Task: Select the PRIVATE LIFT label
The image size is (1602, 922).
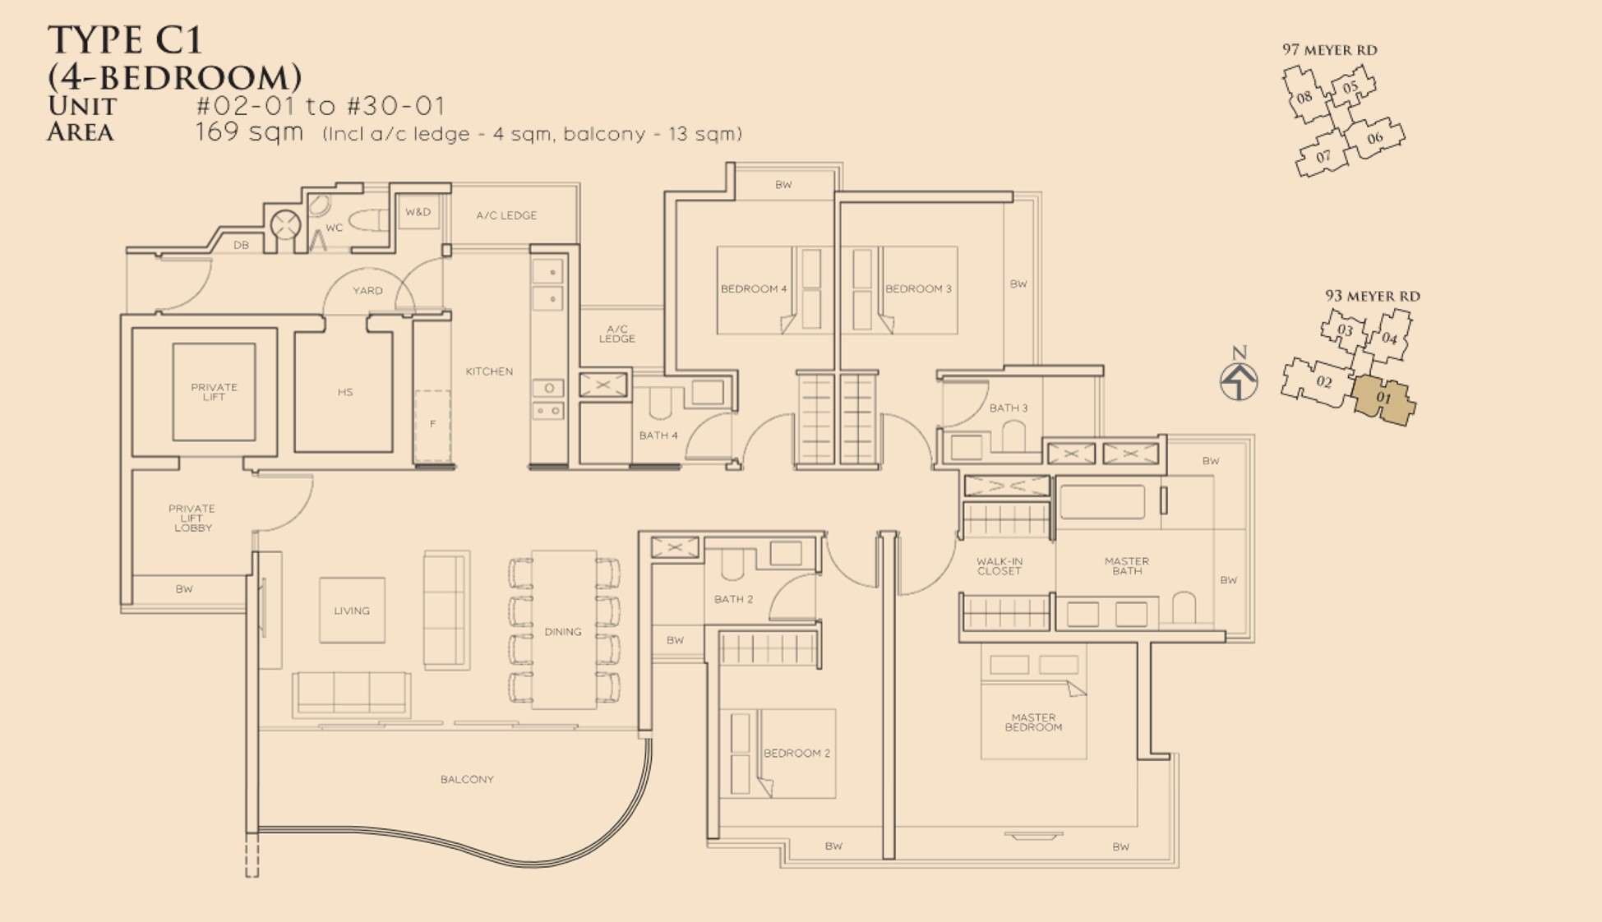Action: pos(214,392)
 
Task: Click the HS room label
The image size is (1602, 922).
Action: pos(345,393)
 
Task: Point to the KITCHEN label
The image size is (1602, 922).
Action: pos(489,371)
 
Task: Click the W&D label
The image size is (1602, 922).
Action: pos(418,212)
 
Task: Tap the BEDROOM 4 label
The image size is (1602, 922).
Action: pos(754,288)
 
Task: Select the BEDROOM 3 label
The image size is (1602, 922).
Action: pos(918,288)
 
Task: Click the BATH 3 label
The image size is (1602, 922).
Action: pos(1009,408)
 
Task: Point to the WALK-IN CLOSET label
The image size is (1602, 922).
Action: pos(1000,566)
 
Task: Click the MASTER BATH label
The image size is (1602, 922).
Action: pos(1127,566)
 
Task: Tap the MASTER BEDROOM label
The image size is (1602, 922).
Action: pos(1033,722)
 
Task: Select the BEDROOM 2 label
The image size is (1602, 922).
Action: pos(796,753)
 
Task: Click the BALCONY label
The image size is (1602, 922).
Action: pos(467,779)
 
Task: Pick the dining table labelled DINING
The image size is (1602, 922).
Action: pos(564,629)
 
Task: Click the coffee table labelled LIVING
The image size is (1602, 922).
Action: pos(352,610)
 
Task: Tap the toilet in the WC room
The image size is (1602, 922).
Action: pos(368,220)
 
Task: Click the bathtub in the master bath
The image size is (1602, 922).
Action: pos(1102,501)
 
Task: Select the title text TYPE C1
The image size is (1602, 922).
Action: pos(125,39)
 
